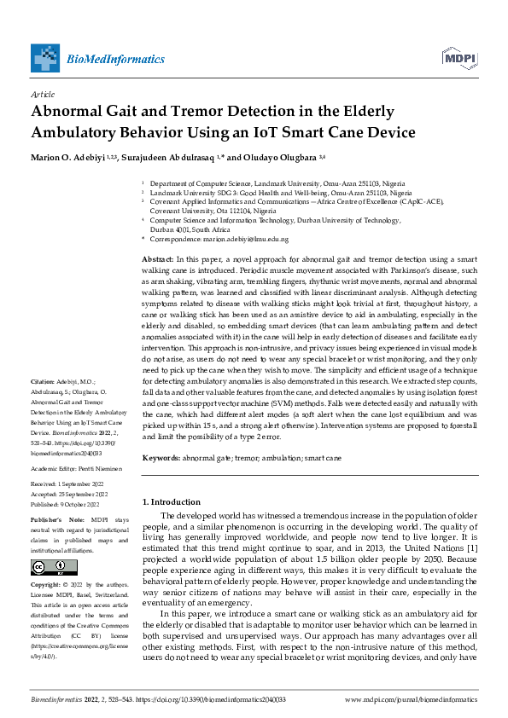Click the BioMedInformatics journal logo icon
pos(45,58)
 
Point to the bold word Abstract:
pos(158,258)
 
